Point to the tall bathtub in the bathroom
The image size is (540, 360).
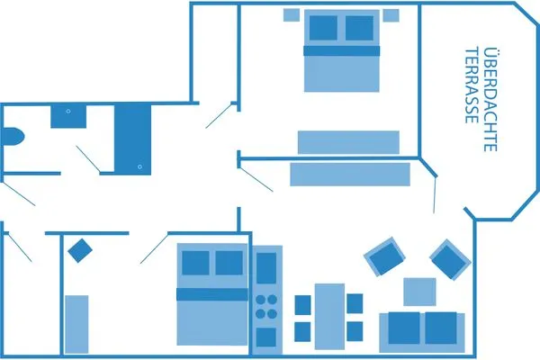tap(131, 138)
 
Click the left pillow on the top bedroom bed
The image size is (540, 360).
tap(321, 29)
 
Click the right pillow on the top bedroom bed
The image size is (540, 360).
tap(362, 29)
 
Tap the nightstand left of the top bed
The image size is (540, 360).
tap(292, 14)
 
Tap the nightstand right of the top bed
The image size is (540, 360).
tap(391, 14)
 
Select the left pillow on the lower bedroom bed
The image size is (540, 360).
tap(195, 263)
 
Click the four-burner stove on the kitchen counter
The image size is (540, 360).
tap(266, 307)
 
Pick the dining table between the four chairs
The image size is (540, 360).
tap(329, 316)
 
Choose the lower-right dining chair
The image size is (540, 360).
tap(355, 330)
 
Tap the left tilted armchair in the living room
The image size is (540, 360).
tap(383, 257)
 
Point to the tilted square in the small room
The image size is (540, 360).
tap(80, 249)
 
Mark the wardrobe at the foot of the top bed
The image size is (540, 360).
tap(348, 142)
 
